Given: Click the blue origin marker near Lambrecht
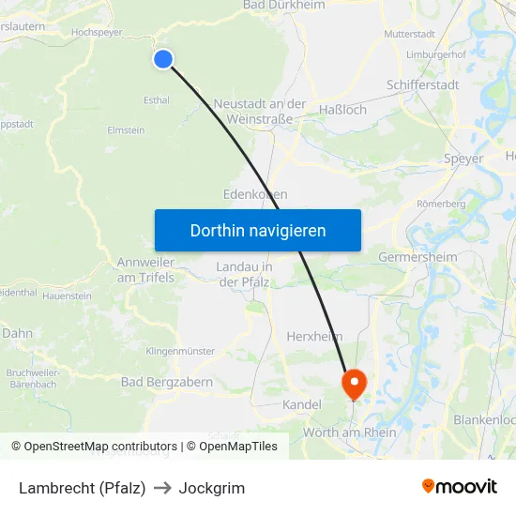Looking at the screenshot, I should pos(163,59).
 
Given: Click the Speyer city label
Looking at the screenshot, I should pos(463,159).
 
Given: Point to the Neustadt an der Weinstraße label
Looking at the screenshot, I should pos(259,112).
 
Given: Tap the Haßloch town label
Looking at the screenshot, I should pos(342,110).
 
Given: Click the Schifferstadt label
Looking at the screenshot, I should pos(423,84).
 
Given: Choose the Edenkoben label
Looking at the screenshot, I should pos(255,194).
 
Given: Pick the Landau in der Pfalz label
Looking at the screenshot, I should pos(244,274).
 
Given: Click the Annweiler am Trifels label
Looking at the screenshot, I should pos(145,269).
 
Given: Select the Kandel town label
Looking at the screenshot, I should pos(301,404).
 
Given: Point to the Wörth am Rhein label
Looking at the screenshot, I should pos(350,433).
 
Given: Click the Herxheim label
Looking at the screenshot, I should pos(313,336).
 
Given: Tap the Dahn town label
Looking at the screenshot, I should pos(17,332).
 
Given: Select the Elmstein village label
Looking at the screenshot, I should pos(126,130).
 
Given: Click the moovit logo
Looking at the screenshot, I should pos(459,487).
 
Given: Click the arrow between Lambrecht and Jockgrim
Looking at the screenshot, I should pos(162,488).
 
